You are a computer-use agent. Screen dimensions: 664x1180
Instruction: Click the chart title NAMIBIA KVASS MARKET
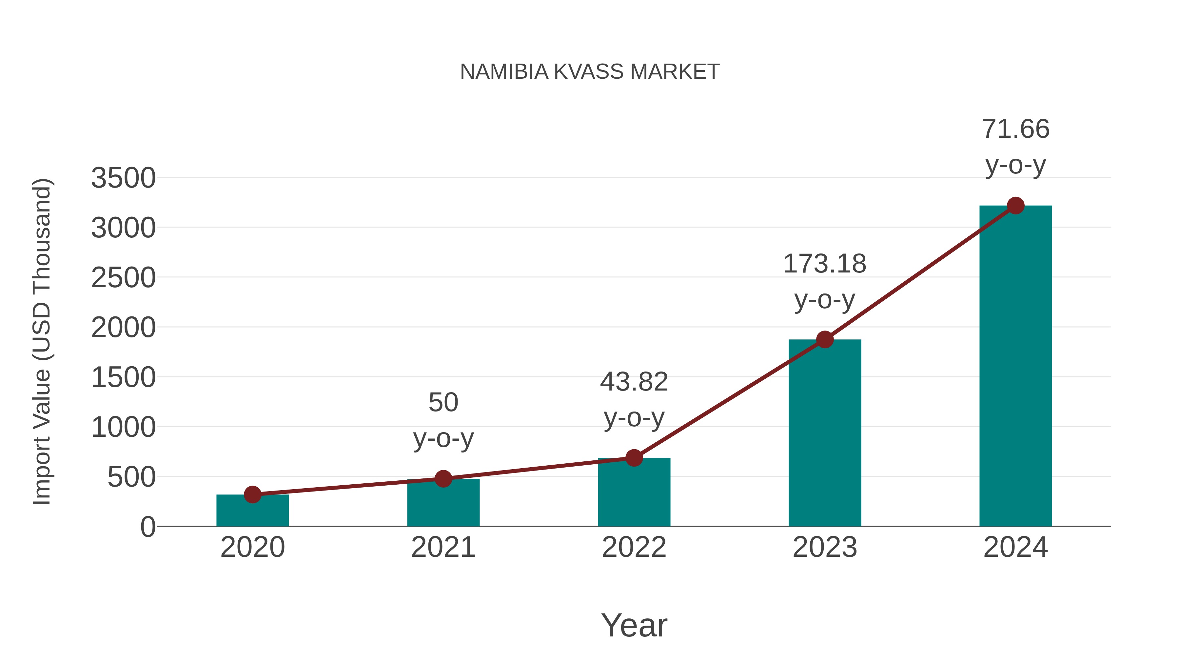590,71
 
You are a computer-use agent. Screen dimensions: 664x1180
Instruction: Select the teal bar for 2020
252,512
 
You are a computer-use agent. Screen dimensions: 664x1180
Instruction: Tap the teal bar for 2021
443,504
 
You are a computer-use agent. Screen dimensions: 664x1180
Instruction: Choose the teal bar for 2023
825,435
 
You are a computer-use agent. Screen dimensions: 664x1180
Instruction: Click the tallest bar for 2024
1015,367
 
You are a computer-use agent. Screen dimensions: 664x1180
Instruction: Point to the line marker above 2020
252,494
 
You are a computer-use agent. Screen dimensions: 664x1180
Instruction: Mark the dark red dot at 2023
825,340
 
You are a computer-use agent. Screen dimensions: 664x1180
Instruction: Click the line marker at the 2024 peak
1015,205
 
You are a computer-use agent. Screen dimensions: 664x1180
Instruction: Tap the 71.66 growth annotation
1015,129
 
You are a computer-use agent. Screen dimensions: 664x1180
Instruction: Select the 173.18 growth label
825,264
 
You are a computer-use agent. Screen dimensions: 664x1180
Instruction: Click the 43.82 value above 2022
634,382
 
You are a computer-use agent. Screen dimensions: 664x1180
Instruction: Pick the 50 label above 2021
443,402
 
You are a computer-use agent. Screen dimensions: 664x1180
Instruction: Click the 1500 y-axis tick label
123,378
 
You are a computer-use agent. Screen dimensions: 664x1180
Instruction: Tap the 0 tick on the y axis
147,527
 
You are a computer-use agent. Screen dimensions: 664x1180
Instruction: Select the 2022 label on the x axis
634,547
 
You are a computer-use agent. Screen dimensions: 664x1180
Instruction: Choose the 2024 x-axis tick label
1015,547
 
